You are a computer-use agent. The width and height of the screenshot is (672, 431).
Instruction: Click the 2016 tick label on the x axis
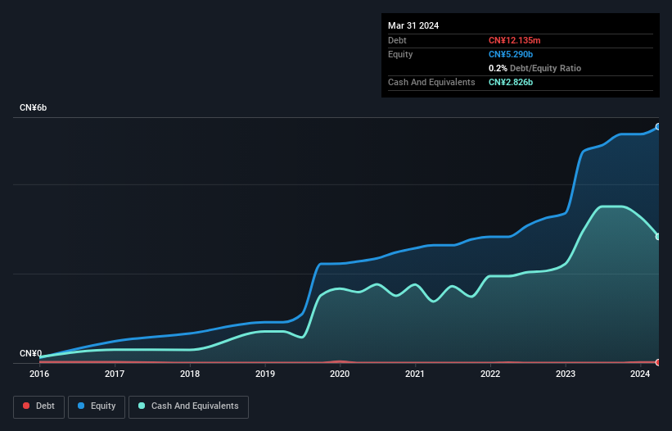pyautogui.click(x=39, y=374)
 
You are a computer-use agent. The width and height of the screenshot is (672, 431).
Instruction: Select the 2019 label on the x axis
pyautogui.click(x=264, y=374)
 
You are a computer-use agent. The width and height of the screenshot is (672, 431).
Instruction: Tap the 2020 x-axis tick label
pyautogui.click(x=340, y=374)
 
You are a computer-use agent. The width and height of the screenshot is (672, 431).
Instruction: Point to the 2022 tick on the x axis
pyautogui.click(x=490, y=374)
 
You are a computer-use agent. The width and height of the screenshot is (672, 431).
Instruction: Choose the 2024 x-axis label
pyautogui.click(x=640, y=374)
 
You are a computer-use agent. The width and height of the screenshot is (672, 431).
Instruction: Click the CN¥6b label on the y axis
pyautogui.click(x=34, y=108)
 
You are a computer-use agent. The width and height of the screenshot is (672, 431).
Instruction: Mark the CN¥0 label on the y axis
pyautogui.click(x=31, y=354)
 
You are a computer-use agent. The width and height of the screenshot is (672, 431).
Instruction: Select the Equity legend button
pyautogui.click(x=97, y=406)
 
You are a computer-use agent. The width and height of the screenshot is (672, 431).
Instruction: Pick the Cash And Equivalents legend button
pyautogui.click(x=188, y=406)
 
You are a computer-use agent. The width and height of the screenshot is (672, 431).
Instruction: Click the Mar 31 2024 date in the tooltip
pyautogui.click(x=413, y=25)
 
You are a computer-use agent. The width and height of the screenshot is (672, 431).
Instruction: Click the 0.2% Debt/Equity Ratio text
pyautogui.click(x=534, y=68)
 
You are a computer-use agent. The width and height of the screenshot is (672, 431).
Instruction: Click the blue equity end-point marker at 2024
pyautogui.click(x=658, y=127)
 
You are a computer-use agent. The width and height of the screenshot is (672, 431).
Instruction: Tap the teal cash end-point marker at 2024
pyautogui.click(x=658, y=237)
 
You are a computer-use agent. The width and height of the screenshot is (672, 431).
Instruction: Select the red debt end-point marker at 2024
pyautogui.click(x=658, y=362)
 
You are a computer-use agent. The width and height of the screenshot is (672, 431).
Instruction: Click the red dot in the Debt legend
pyautogui.click(x=26, y=406)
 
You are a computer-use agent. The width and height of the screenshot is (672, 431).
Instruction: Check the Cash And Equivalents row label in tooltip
pyautogui.click(x=431, y=82)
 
